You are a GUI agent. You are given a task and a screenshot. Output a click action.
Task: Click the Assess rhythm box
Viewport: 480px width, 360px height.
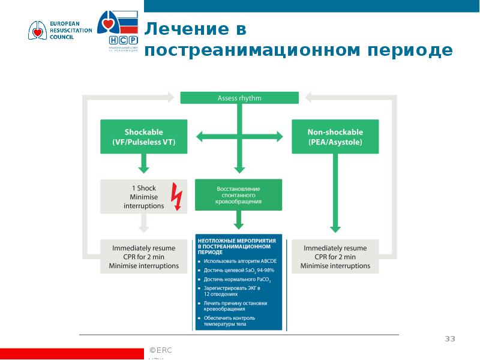tap(239, 98)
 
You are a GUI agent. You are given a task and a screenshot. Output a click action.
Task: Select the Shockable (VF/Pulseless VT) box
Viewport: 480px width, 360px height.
tap(144, 137)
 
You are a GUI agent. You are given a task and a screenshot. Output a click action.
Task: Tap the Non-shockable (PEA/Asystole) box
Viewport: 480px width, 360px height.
tap(335, 137)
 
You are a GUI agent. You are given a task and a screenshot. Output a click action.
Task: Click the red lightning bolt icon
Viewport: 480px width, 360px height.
tap(177, 196)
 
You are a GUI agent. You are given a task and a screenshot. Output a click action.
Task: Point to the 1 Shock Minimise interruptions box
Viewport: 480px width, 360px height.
tap(144, 196)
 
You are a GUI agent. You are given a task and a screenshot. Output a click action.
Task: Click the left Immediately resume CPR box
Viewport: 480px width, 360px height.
tap(144, 257)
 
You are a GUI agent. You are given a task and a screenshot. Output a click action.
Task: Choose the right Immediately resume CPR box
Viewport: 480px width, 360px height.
tap(335, 257)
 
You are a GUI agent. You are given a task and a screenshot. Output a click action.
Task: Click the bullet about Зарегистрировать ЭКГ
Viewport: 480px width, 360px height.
tap(235, 292)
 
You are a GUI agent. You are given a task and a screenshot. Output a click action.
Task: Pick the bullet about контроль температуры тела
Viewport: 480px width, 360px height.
tap(235, 320)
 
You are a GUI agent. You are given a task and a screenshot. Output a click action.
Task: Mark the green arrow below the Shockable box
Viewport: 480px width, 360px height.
tap(144, 162)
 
